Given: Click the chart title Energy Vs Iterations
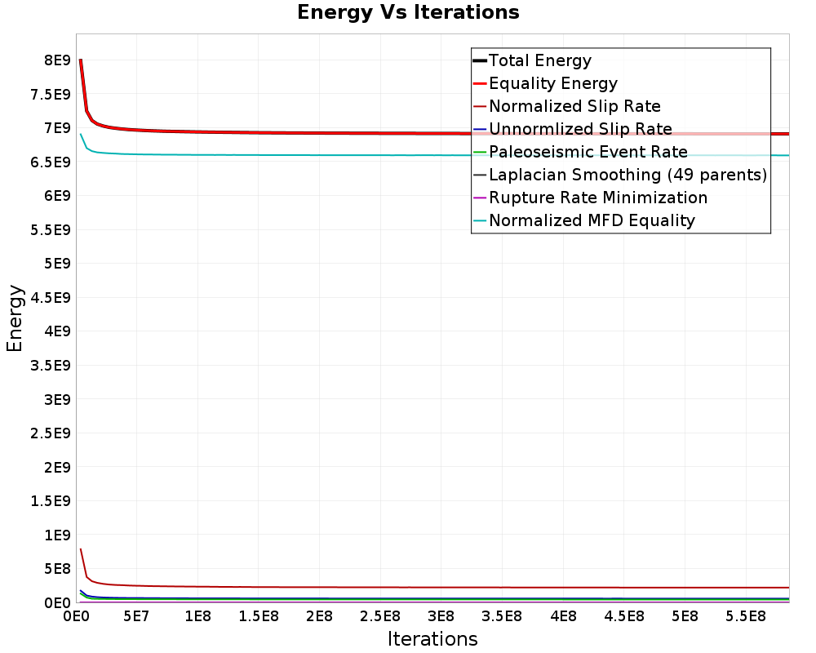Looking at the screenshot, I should click(x=408, y=12).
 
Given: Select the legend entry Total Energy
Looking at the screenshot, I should click(x=539, y=60).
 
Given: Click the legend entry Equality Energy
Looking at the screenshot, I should click(x=552, y=83).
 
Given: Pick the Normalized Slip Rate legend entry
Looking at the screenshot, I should click(x=574, y=106).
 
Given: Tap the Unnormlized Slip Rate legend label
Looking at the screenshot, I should click(x=580, y=129).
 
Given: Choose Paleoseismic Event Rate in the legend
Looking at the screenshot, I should click(x=588, y=152).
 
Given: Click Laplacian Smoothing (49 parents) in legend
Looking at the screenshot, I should click(x=628, y=175).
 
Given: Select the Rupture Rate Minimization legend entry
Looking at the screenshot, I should click(x=598, y=198).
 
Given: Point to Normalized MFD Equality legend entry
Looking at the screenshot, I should click(x=592, y=220).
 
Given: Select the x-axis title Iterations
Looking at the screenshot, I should click(x=432, y=638).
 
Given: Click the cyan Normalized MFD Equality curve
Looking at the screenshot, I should click(x=326, y=155).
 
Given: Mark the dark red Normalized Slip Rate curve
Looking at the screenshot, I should click(x=326, y=587).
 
